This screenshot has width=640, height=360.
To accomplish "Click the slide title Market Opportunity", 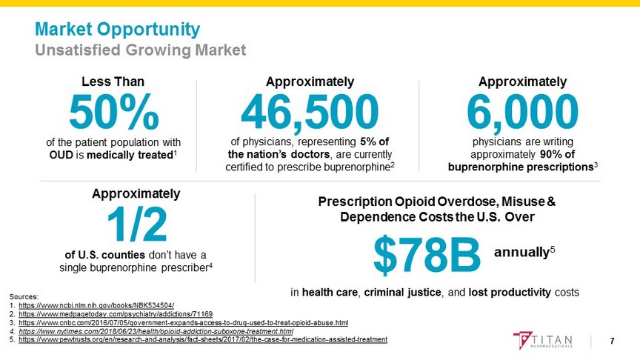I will coord(118,30).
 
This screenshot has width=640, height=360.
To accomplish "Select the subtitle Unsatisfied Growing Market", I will coord(141,50).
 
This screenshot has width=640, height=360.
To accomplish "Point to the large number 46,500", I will coord(310,113).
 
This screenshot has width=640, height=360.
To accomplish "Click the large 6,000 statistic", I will coord(522,113).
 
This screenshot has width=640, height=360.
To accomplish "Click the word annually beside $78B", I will coord(522,252).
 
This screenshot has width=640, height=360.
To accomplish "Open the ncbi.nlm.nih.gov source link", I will coord(96,305).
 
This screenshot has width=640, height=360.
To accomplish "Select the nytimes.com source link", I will coord(156,331).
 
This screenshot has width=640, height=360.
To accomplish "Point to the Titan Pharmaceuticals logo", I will coord(544,341).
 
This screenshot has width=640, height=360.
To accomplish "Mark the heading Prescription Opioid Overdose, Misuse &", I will coord(436,201).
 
